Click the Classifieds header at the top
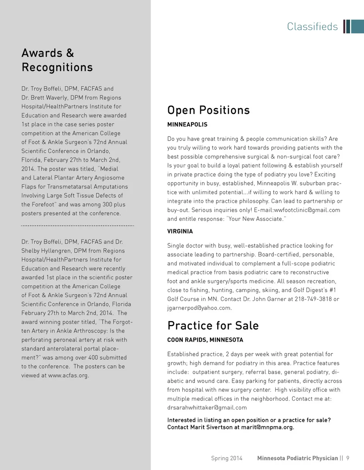point(312,26)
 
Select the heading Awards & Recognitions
point(57,60)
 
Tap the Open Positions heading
point(209,110)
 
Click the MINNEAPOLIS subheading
point(187,125)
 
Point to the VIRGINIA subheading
point(180,231)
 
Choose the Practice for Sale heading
point(213,325)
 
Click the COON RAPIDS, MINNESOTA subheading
point(205,340)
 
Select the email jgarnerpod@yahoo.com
point(199,308)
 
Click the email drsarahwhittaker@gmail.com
point(207,408)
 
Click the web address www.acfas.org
point(68,375)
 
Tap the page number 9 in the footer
point(348,458)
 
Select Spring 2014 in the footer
point(226,458)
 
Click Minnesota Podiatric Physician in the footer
point(297,458)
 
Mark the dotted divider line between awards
point(78,226)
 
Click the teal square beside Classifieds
point(358,26)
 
